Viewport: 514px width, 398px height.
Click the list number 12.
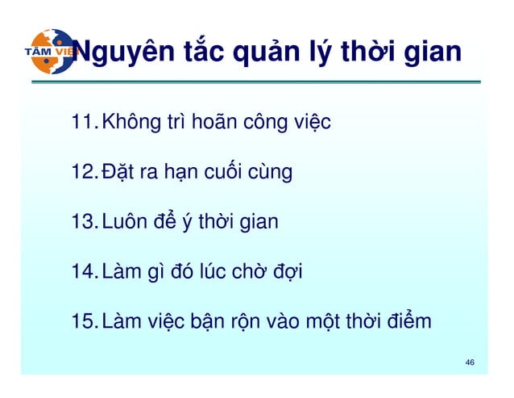83,172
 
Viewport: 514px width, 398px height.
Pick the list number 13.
83,220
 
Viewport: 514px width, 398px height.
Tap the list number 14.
83,271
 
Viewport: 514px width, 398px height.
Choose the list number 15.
83,321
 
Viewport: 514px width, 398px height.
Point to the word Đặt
115,172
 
